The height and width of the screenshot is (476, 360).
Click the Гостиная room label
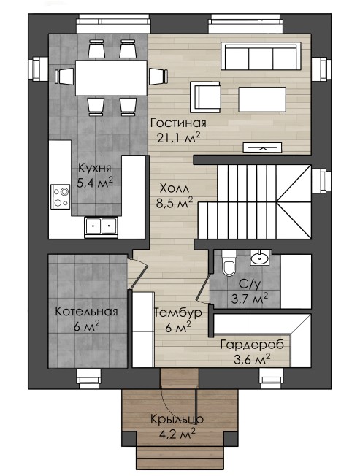[178, 123]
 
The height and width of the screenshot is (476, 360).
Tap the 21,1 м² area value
[178, 137]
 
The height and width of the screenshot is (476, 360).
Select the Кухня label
[95, 168]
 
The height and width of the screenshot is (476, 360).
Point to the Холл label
[175, 188]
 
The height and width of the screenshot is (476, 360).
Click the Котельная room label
[86, 312]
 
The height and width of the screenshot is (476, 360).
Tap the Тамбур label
[178, 312]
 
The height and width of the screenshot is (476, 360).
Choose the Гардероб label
[252, 345]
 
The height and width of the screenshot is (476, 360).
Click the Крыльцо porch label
[177, 419]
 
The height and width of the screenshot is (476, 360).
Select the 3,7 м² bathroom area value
[250, 299]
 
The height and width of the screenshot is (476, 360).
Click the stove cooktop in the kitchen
[60, 196]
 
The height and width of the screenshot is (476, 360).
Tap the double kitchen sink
[101, 226]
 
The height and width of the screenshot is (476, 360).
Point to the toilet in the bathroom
[229, 264]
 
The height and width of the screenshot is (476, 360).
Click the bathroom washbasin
[260, 258]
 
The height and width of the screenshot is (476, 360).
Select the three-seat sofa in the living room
[261, 56]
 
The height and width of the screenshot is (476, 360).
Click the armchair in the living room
[205, 97]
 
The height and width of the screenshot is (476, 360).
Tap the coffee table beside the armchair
[262, 99]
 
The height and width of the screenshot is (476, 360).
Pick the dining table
[112, 78]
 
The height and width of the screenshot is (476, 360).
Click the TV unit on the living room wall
[263, 147]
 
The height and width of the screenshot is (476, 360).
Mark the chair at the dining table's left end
[65, 77]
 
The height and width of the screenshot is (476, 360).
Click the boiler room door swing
[138, 271]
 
